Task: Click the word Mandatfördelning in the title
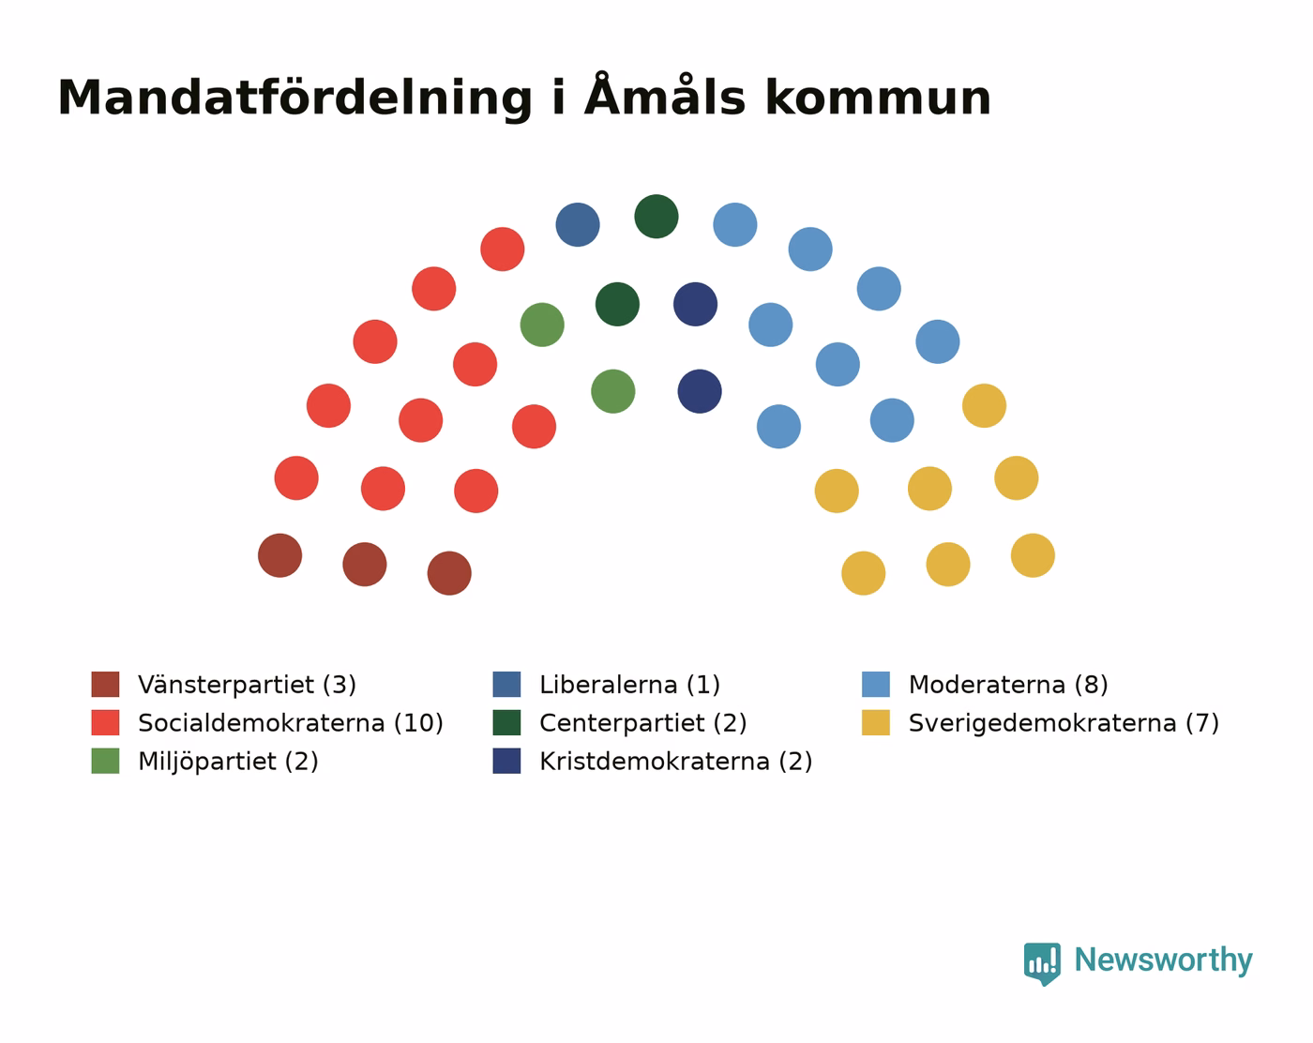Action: coord(295,98)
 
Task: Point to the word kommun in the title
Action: coord(878,98)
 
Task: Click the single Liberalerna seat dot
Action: coord(577,224)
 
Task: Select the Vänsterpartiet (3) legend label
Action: coord(247,684)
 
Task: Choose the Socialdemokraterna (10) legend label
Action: coord(291,722)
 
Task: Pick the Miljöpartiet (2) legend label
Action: coord(228,761)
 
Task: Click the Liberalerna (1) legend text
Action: coord(629,684)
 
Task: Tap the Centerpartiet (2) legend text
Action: coord(643,722)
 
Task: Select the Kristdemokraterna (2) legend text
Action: coord(676,761)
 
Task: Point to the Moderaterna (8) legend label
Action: coord(1008,684)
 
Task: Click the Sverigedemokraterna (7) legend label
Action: coord(1064,722)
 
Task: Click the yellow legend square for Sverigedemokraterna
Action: coord(876,722)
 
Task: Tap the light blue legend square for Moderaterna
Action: coord(876,684)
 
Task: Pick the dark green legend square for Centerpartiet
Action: coord(506,722)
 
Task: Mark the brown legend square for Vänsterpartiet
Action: coord(105,684)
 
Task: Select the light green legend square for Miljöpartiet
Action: coord(105,761)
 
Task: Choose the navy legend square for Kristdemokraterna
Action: coord(506,761)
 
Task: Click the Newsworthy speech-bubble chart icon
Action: coord(1042,963)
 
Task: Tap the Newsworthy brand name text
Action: coord(1163,960)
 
